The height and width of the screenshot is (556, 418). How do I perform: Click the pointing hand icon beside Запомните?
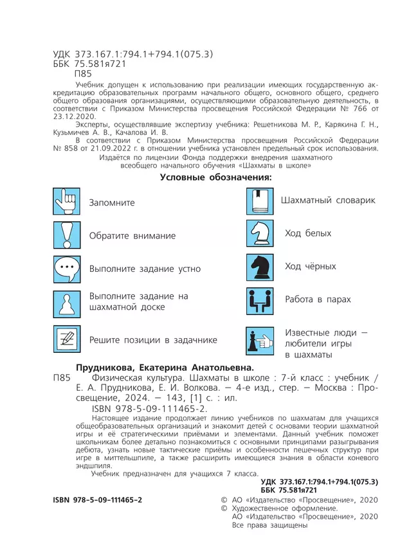pos(66,202)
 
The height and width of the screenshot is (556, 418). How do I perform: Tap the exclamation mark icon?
pos(66,235)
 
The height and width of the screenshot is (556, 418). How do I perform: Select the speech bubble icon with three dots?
pos(66,269)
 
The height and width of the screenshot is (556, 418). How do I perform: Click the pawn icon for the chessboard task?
pos(66,302)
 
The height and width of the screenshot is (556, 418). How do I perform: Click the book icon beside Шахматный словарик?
pos(260,201)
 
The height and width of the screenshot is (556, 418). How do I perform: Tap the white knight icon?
pos(260,233)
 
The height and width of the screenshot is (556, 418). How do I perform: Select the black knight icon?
pos(260,266)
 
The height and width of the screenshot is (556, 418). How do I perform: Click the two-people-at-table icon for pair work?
pos(260,300)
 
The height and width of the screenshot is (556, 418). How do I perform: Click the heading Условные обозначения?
pos(215,177)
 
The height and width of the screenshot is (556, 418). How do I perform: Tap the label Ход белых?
pos(308,233)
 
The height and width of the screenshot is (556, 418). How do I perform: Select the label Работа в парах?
pos(318,300)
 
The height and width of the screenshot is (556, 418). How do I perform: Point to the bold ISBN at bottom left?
pos(97,499)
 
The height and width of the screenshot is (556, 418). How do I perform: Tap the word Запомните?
pos(112,202)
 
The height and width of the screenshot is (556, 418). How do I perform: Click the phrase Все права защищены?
pos(269,525)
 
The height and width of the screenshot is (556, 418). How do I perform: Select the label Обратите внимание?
pos(132,236)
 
